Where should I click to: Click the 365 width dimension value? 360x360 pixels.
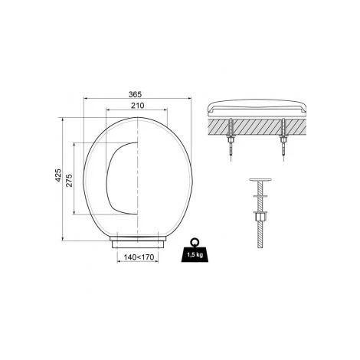[x=135, y=94]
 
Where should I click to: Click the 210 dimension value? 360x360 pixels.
[x=137, y=106]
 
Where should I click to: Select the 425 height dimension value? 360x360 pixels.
[x=58, y=175]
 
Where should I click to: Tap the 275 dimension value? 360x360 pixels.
[x=70, y=180]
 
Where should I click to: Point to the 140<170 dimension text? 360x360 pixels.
[x=139, y=257]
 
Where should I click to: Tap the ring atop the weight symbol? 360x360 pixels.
[x=195, y=241]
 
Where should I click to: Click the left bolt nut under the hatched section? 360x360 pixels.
[x=231, y=139]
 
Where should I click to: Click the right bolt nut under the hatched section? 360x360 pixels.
[x=283, y=139]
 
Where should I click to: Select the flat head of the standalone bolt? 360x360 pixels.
[x=260, y=180]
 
